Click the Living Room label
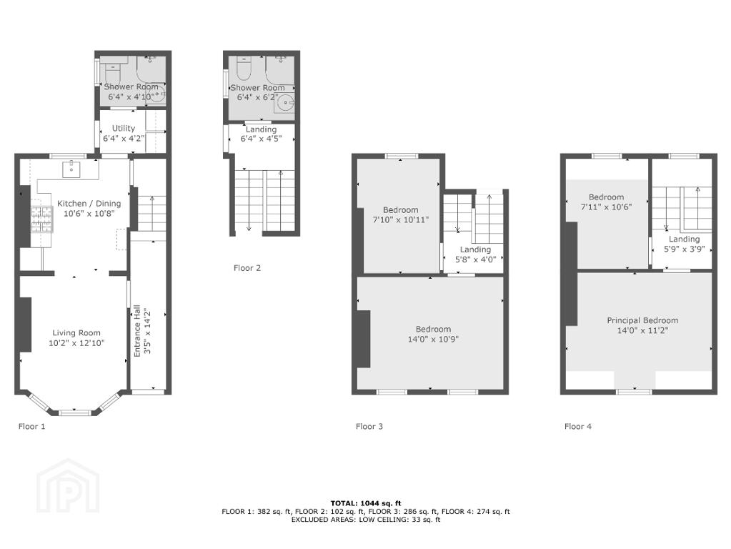tap(76, 333)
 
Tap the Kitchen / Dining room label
tap(89, 203)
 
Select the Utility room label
tap(124, 128)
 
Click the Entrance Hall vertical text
tap(137, 331)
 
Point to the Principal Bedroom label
tap(642, 320)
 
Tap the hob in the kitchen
tap(41, 219)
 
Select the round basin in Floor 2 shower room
tap(284, 103)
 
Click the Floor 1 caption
tap(31, 426)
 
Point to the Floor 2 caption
tap(247, 268)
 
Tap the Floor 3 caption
tap(369, 426)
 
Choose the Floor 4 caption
tap(578, 426)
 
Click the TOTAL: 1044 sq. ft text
tap(366, 503)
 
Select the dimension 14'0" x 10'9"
tap(433, 339)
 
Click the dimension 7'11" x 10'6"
tap(606, 207)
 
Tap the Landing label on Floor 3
tap(475, 249)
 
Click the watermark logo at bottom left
tap(68, 485)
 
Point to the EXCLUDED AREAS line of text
tap(366, 520)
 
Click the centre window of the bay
tap(74, 412)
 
